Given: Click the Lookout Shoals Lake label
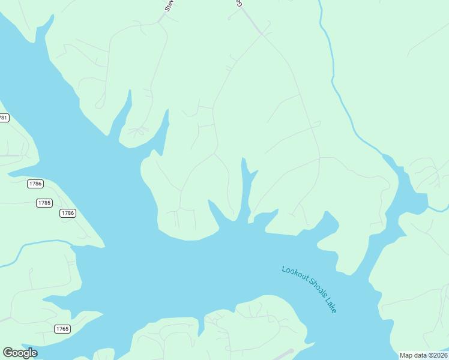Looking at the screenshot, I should tap(309, 289).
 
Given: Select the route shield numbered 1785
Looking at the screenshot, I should tap(44, 203).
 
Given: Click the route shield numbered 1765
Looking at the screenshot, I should tap(62, 329).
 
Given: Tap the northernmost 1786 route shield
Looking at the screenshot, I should tap(35, 184).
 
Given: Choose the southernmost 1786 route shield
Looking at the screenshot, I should tap(67, 213).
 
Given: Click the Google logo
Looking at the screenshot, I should tap(20, 353).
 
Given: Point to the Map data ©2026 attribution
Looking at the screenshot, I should tap(423, 355).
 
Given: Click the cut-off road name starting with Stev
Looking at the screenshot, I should tap(169, 6).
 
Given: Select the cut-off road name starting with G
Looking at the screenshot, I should tap(238, 4).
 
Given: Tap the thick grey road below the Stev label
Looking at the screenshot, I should tap(162, 19).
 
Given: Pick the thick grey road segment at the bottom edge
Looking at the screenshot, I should tap(282, 354).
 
